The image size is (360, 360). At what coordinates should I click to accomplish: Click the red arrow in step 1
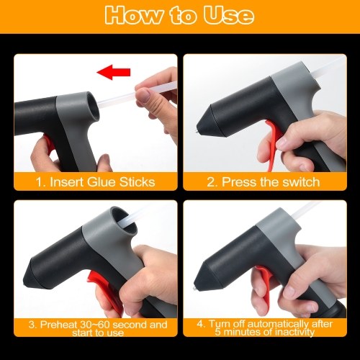click(114, 72)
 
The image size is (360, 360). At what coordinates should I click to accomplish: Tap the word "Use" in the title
click(229, 16)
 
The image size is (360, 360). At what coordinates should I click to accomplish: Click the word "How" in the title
click(133, 16)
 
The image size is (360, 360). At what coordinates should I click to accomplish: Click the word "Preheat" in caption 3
click(58, 325)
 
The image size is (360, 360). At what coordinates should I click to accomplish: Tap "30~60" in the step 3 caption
click(94, 325)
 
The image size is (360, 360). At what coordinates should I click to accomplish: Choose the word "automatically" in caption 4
click(278, 324)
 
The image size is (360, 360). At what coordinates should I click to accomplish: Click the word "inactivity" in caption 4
click(294, 332)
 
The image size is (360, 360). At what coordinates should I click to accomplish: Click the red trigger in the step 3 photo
click(103, 290)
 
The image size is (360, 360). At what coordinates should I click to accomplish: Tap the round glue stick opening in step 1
click(92, 106)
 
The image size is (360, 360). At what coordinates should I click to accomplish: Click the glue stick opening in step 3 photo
click(124, 221)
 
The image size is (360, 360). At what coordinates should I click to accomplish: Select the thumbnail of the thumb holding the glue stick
click(143, 95)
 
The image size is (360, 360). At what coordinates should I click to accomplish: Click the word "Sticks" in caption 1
click(138, 181)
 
